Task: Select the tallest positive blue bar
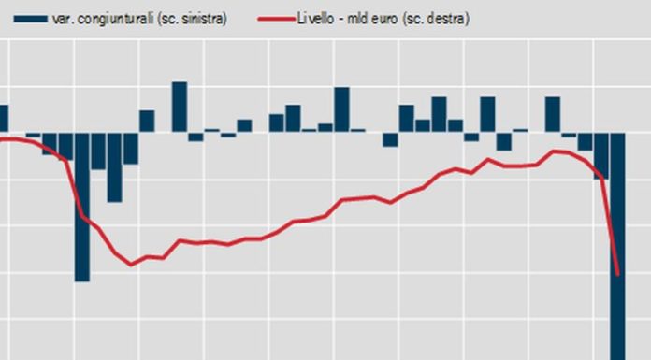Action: tap(179, 107)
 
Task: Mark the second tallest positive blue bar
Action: tap(341, 109)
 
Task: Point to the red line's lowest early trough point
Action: tap(132, 265)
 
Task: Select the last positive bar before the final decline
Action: tap(552, 114)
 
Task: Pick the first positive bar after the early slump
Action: tap(147, 121)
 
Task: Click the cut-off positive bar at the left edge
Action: tap(3, 118)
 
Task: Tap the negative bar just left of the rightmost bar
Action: tap(601, 155)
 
